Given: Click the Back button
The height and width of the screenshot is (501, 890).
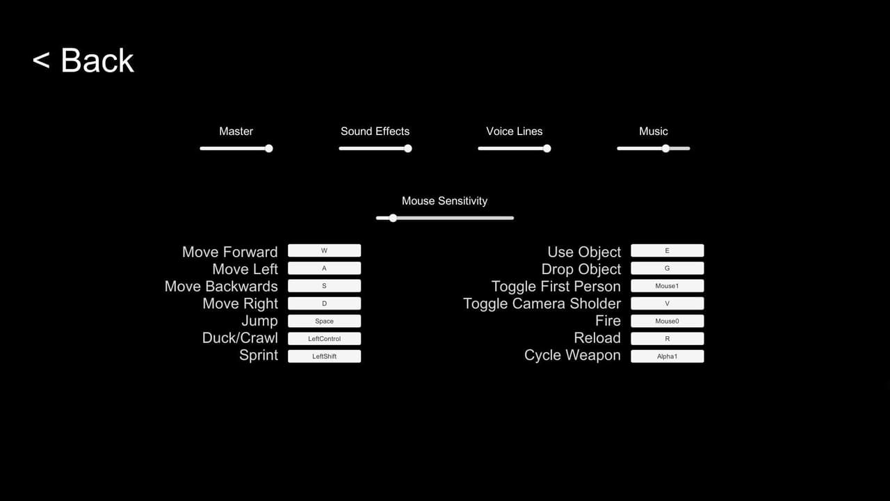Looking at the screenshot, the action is (83, 61).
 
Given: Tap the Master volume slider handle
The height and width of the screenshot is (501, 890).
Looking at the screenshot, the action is (269, 149).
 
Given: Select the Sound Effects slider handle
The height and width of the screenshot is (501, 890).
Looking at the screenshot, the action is (408, 149).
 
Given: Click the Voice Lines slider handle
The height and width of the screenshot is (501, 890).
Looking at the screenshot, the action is (547, 149).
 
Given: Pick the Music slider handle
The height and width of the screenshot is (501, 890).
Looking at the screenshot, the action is (665, 149).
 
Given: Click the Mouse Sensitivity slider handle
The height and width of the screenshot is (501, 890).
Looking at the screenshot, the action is (393, 218).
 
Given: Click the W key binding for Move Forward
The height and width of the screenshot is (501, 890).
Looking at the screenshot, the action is (324, 250).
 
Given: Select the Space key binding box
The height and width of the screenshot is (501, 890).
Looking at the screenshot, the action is (324, 321).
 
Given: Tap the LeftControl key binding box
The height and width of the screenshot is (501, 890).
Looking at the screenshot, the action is (324, 338).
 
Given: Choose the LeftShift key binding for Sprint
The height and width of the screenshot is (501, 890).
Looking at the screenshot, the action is (324, 356).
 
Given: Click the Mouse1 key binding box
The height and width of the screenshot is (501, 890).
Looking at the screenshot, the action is (667, 286).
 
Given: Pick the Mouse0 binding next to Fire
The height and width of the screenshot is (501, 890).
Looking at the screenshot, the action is (667, 321).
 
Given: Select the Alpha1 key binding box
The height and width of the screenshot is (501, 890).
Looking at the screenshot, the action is (667, 356).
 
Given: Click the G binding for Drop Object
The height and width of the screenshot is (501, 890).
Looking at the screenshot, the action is (667, 268).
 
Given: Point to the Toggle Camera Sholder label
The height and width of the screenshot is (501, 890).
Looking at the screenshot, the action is (542, 303).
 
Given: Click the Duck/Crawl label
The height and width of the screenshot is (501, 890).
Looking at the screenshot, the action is (240, 338).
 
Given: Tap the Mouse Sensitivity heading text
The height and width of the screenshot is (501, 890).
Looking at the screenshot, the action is (444, 201).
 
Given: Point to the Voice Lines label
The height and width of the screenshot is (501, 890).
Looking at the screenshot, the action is (514, 132).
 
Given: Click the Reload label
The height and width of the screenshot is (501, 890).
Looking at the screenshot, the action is (597, 338).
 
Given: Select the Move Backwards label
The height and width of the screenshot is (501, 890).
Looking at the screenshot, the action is (221, 286).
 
